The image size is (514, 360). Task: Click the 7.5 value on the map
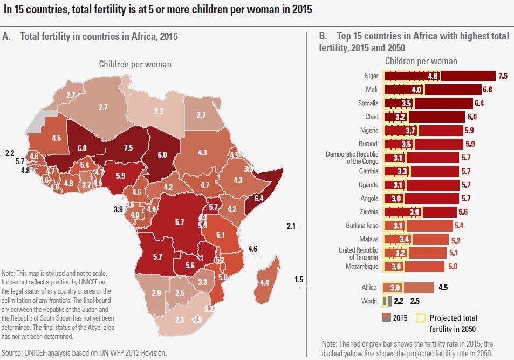click(127, 148)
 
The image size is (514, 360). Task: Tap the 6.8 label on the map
click(82, 147)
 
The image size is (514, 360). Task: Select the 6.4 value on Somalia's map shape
click(258, 199)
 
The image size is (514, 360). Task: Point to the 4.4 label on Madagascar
click(264, 282)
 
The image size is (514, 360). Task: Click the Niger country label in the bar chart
click(372, 76)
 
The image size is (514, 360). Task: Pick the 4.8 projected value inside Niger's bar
click(433, 76)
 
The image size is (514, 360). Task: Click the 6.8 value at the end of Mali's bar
click(488, 90)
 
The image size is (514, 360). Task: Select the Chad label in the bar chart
click(372, 117)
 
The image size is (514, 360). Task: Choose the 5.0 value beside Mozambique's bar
click(452, 266)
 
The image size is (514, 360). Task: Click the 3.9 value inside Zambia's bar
click(414, 212)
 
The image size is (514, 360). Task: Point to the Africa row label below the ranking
click(370, 288)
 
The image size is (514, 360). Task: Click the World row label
click(369, 301)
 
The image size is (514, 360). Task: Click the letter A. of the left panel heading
click(6, 37)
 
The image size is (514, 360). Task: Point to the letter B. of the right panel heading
click(323, 37)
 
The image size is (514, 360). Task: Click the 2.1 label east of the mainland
click(291, 227)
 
